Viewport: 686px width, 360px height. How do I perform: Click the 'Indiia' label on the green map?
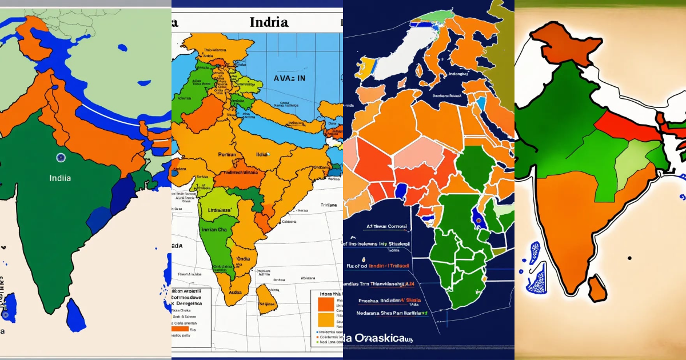[60, 178]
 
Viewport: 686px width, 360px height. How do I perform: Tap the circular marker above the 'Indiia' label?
[61, 158]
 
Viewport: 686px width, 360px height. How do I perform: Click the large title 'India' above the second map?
[269, 23]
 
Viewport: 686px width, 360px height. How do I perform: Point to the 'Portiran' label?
[231, 154]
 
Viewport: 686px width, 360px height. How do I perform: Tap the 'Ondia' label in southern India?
[243, 258]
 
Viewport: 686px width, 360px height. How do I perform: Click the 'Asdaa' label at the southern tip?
[234, 291]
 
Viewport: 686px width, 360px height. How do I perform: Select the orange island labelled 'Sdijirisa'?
[266, 299]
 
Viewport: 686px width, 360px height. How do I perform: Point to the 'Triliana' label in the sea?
[328, 204]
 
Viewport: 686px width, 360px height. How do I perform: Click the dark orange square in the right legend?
[325, 303]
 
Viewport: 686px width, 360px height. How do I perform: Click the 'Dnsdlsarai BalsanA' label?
[446, 97]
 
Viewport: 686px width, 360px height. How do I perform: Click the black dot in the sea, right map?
[629, 258]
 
